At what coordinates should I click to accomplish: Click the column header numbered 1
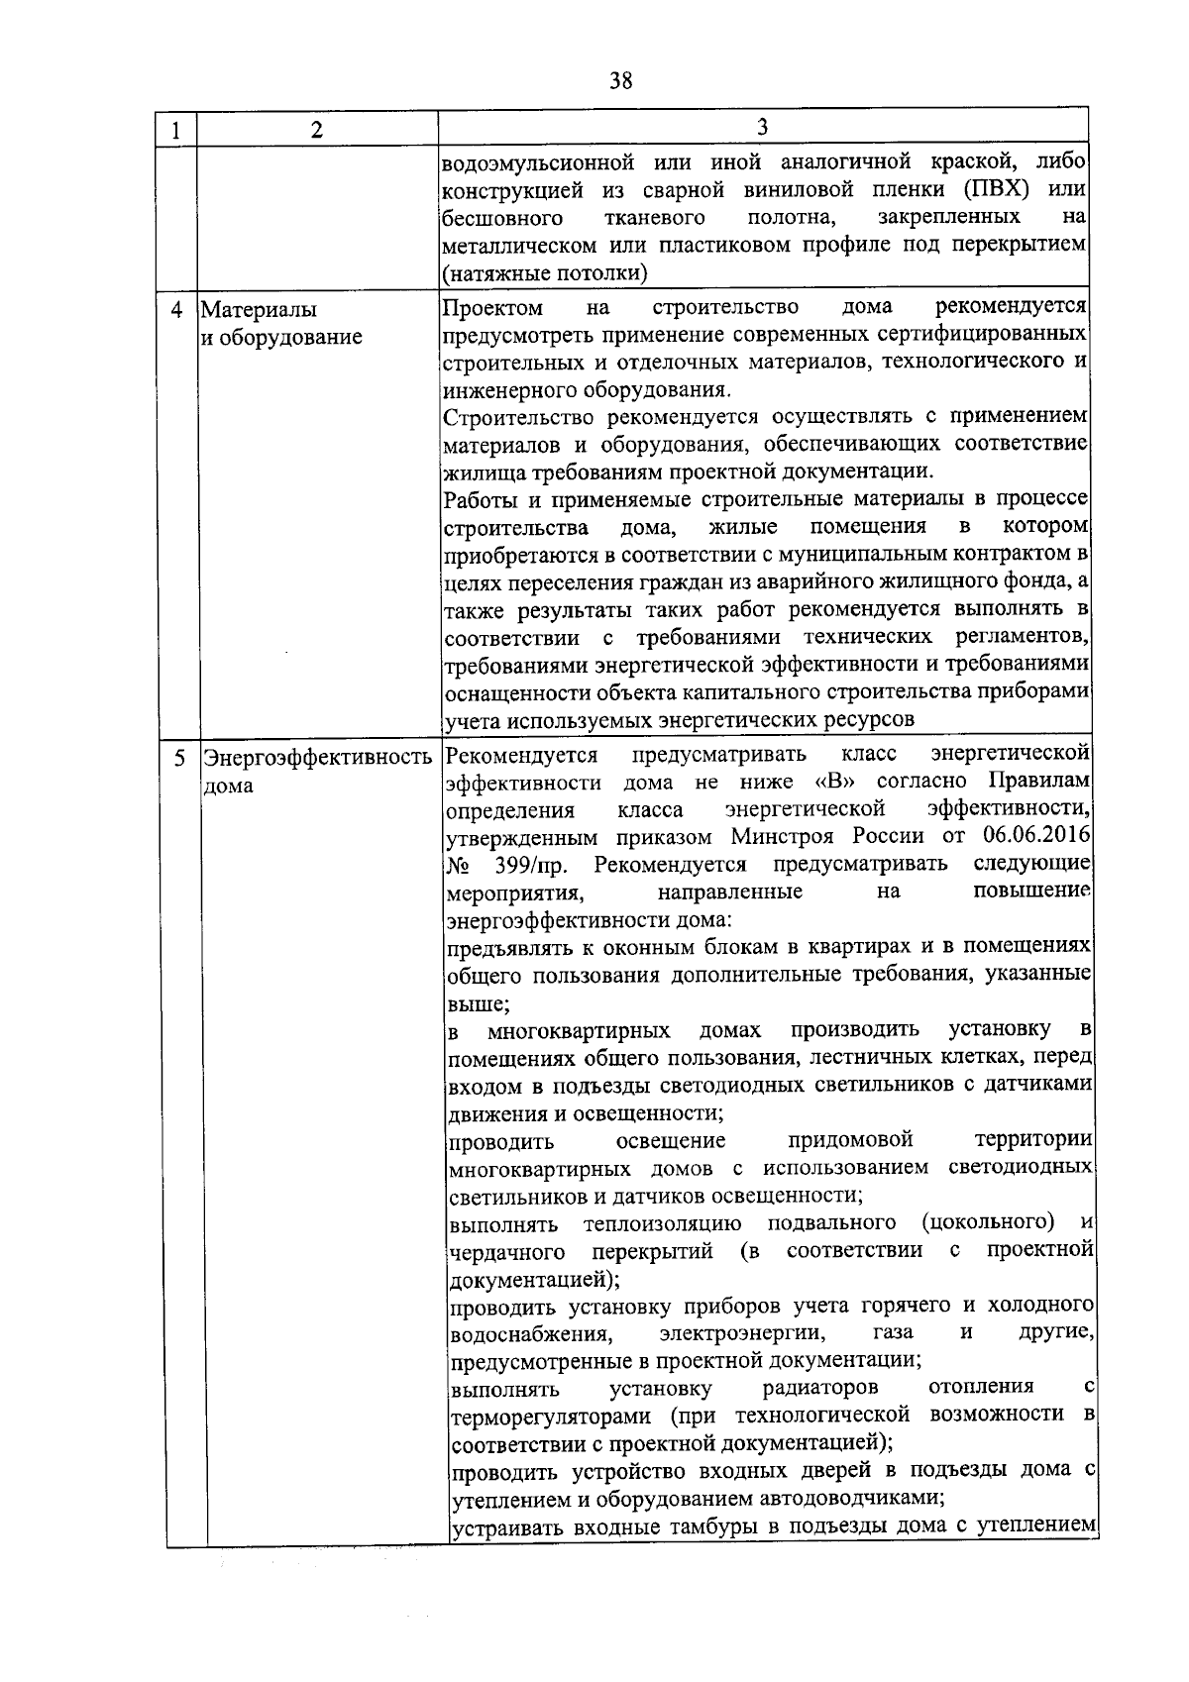pos(175,131)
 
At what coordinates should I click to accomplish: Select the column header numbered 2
pos(316,131)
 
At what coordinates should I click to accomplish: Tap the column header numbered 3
pos(762,127)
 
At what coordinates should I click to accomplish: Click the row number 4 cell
pos(177,310)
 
